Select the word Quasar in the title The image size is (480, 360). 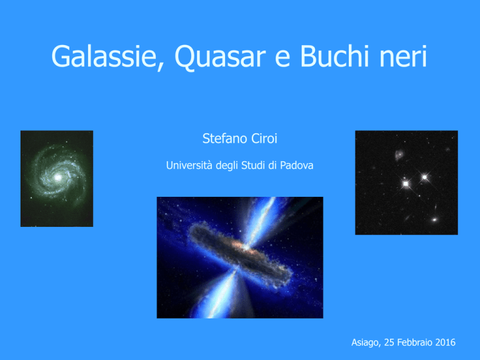tap(220, 57)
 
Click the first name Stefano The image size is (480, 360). tap(225, 139)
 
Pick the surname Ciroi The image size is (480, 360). tap(264, 139)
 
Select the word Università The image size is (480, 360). tap(189, 165)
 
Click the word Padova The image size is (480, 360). tap(297, 165)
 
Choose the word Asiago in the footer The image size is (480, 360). tap(366, 342)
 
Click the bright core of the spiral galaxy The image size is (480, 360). tap(57, 177)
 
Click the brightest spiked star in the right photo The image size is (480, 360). tap(406, 184)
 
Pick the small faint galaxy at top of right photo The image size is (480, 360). tap(399, 154)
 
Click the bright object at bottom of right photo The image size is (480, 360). tap(434, 219)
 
